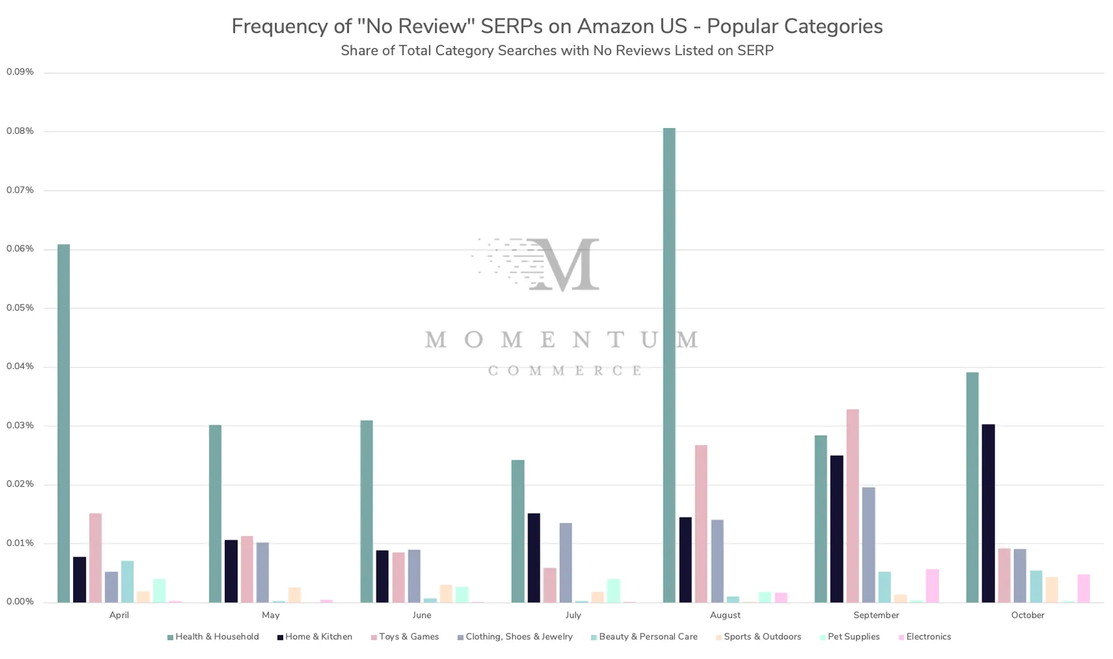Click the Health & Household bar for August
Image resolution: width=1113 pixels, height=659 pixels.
pos(669,365)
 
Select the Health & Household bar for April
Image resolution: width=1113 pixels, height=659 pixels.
pos(63,423)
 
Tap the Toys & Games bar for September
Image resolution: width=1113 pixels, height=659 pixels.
pos(852,506)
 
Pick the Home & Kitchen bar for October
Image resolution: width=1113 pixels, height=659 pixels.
pos(988,513)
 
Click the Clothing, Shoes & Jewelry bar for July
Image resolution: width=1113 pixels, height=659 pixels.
pos(565,563)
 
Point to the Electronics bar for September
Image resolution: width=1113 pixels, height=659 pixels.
pos(932,585)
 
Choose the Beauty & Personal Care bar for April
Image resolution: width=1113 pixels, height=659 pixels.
pos(127,582)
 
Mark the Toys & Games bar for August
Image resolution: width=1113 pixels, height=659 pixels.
pos(701,523)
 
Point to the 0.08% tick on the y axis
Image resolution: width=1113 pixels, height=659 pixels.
pos(20,131)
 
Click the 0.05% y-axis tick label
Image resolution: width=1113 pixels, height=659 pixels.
pos(20,308)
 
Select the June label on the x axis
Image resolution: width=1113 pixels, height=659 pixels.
pos(422,615)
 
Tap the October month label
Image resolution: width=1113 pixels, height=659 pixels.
pos(1027,615)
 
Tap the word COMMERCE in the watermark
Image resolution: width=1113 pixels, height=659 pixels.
pos(564,370)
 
